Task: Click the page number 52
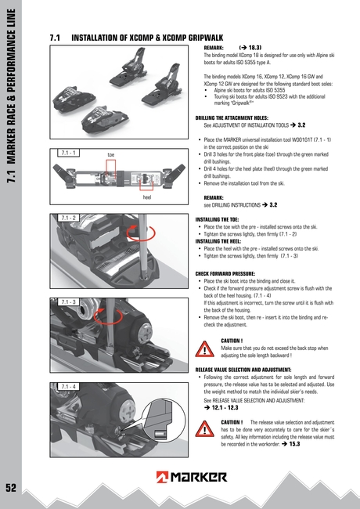point(10,487)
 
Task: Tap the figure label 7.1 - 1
point(67,152)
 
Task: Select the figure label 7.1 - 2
point(68,217)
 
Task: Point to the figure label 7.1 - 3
point(68,301)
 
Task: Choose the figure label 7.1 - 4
point(68,386)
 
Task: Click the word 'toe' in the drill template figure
point(111,155)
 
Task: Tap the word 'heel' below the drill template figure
point(146,197)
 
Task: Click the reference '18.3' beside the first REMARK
point(255,49)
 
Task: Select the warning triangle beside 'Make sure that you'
point(206,348)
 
